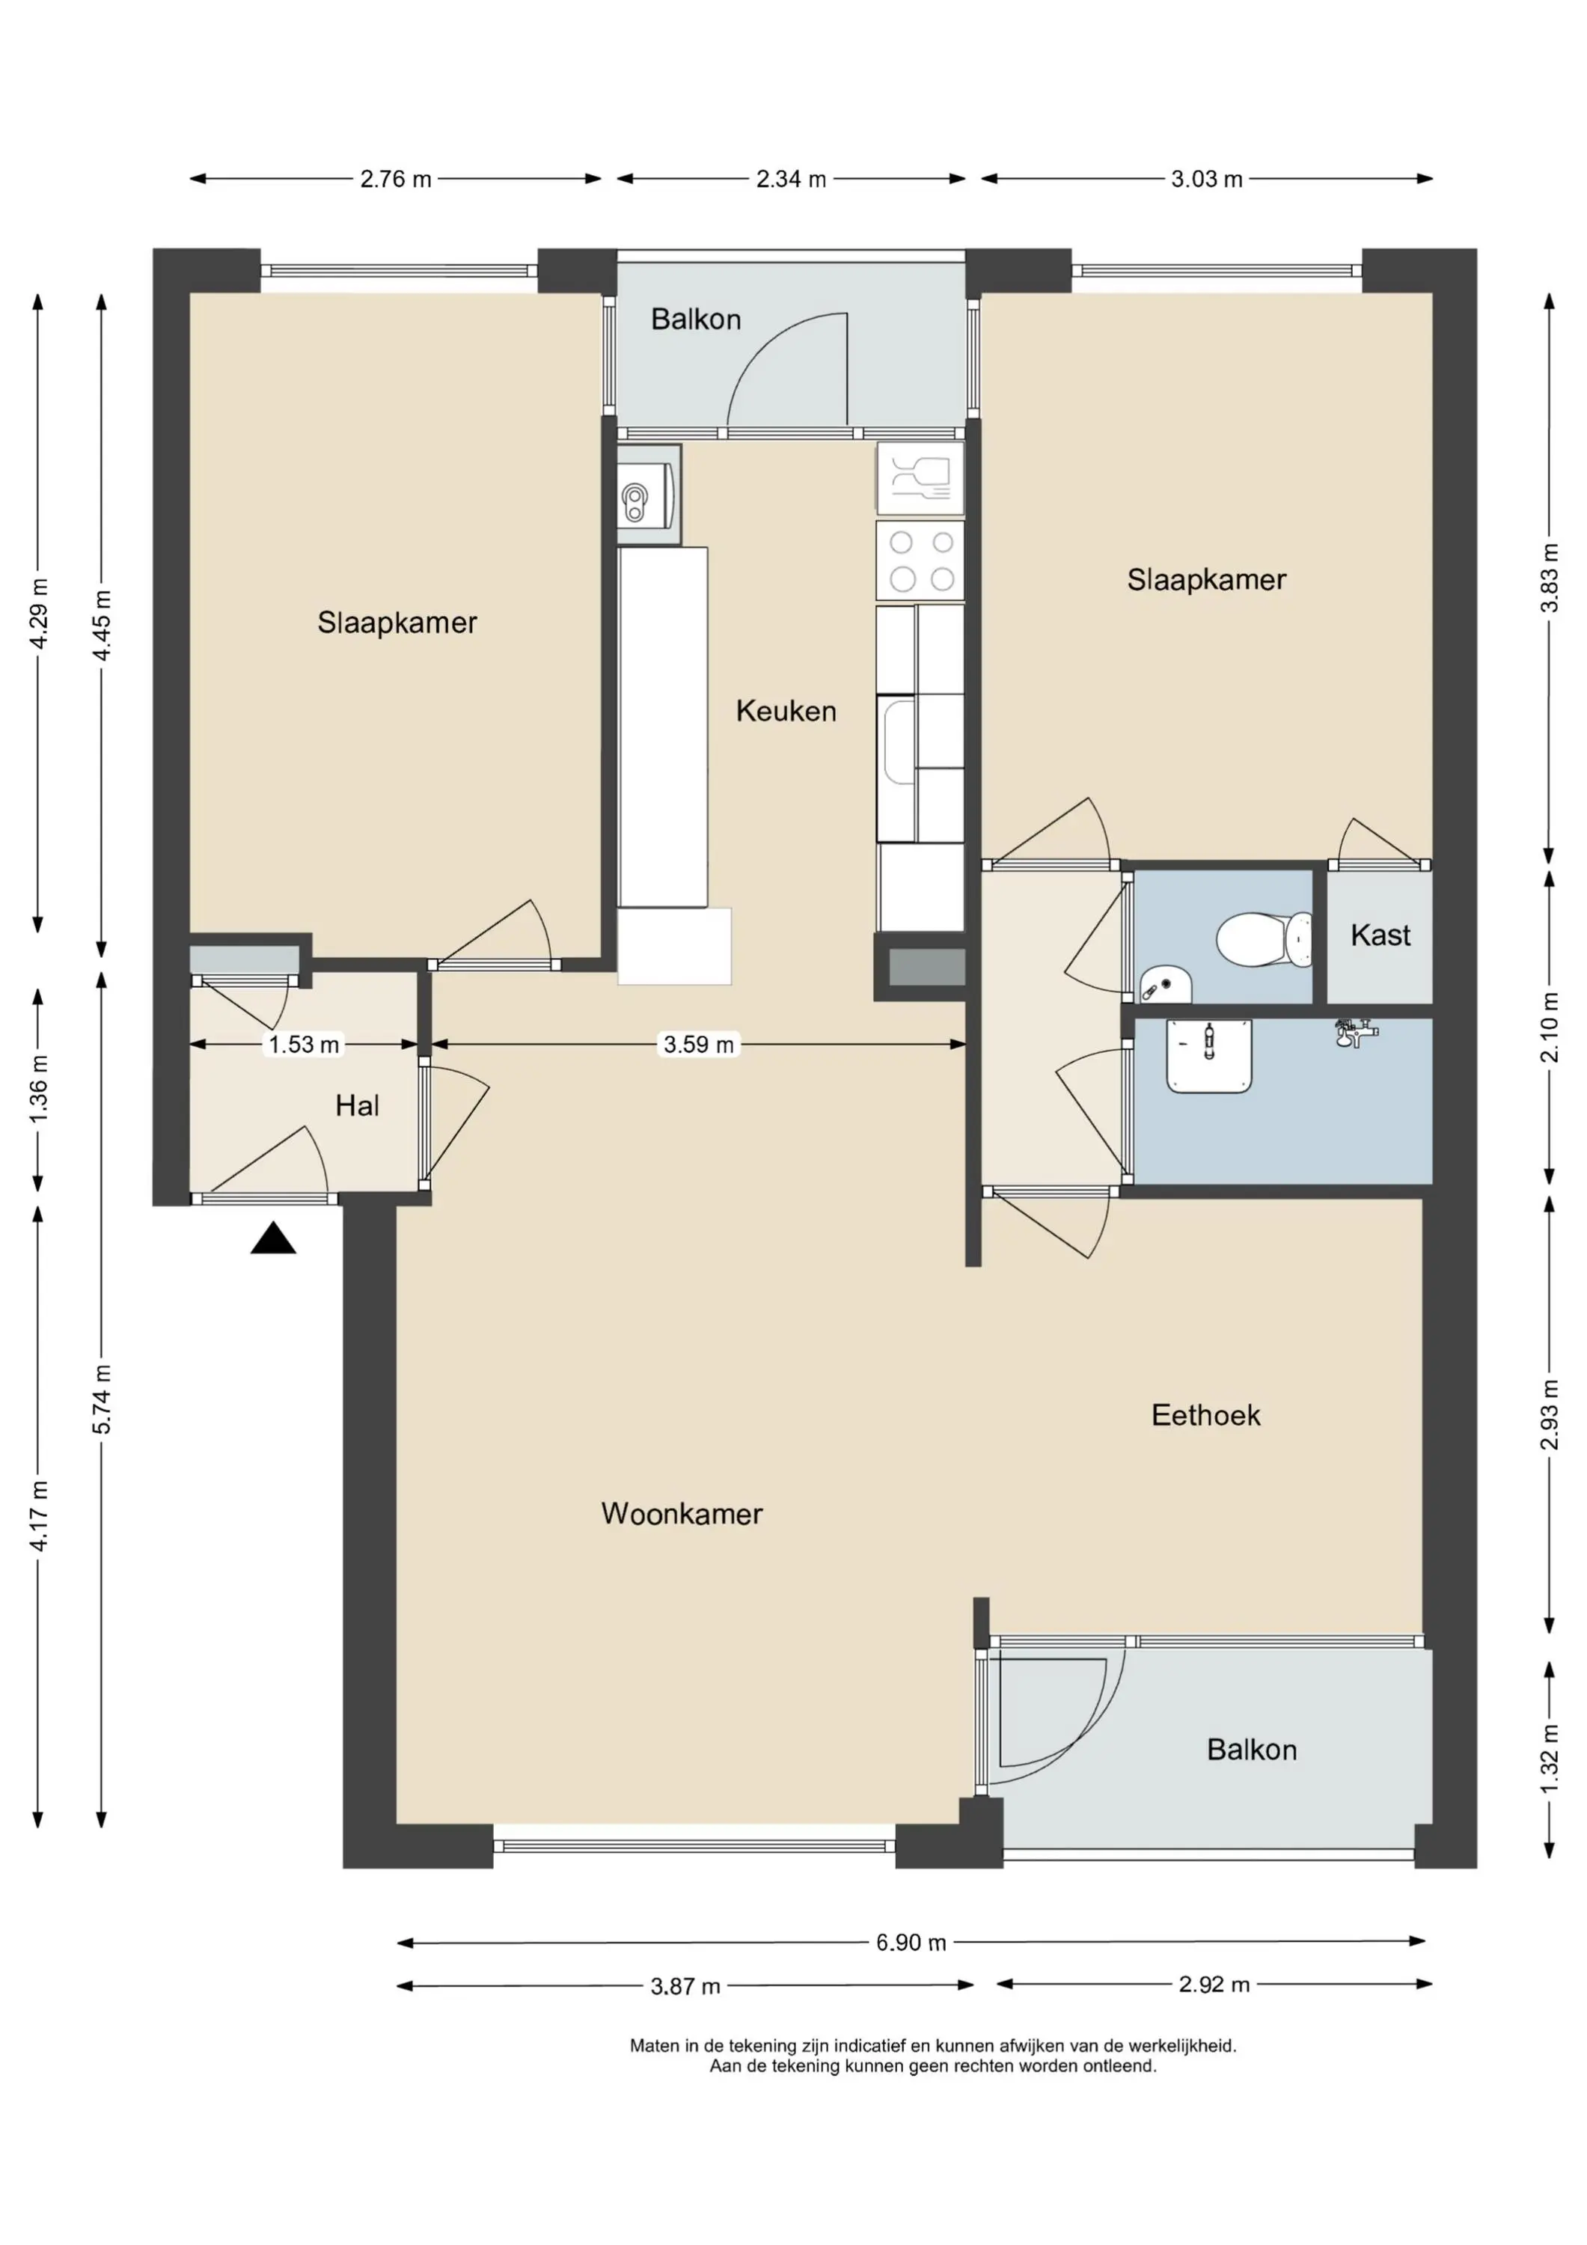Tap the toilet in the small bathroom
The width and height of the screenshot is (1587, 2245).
[1265, 940]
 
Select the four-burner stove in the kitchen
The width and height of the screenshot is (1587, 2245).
[920, 561]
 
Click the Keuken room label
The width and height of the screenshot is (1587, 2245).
[786, 711]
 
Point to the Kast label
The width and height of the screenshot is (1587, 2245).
[1380, 935]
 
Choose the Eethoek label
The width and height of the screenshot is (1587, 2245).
[1205, 1415]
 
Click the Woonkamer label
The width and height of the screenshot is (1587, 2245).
[682, 1514]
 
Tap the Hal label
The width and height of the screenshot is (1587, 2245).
[357, 1106]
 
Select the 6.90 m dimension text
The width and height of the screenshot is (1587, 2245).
[911, 1942]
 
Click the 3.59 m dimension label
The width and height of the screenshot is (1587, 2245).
[698, 1044]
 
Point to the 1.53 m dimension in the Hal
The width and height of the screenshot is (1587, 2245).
[304, 1044]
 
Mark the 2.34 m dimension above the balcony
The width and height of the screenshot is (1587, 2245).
[791, 179]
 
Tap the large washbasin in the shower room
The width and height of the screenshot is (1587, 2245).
[1208, 1055]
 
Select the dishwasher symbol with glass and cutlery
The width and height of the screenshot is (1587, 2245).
[920, 478]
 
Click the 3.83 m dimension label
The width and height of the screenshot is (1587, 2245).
[1549, 577]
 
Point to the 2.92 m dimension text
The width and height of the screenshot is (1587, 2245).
[1214, 1984]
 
